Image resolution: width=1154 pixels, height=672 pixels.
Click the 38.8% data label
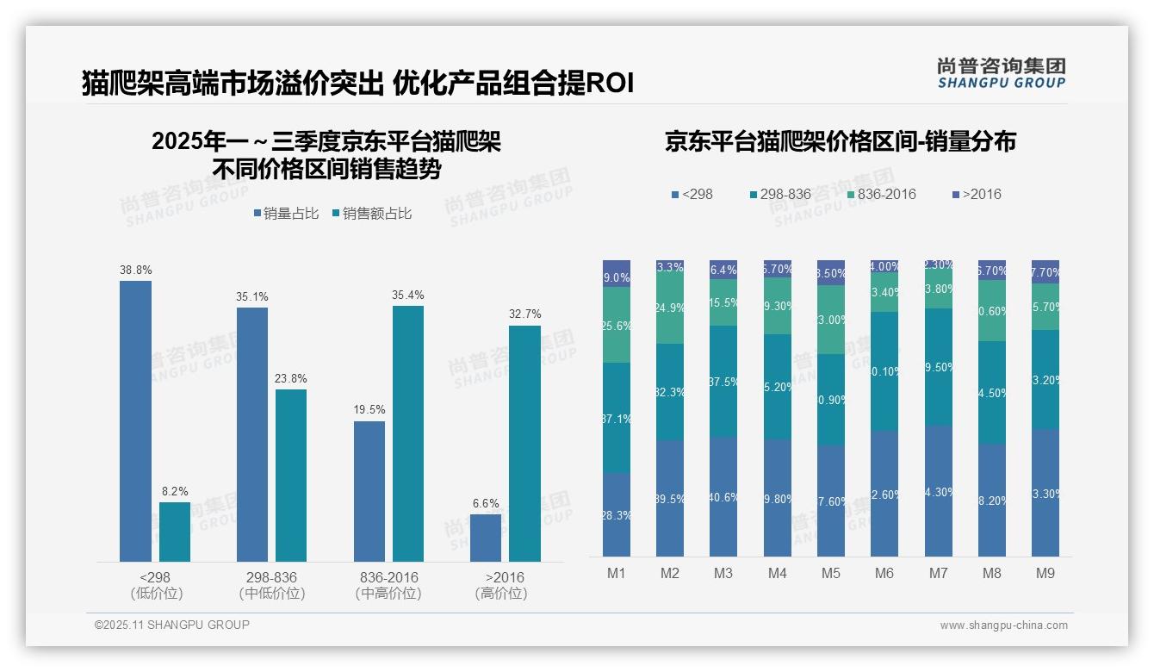(x=135, y=271)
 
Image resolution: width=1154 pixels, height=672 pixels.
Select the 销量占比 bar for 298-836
(x=251, y=434)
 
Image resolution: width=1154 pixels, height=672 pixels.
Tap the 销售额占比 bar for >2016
(x=524, y=444)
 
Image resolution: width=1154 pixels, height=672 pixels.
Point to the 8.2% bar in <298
(x=175, y=532)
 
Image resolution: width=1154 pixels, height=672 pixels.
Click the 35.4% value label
(x=408, y=296)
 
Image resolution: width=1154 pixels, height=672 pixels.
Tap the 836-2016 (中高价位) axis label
(x=388, y=585)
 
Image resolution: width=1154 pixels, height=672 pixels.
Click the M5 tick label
(x=830, y=573)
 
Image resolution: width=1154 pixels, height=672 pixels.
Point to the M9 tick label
(x=1045, y=573)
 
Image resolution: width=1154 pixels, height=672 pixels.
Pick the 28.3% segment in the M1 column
(x=617, y=514)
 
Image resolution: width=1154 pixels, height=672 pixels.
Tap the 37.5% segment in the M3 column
(x=723, y=381)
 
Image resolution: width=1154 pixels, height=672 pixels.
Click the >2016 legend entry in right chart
(x=976, y=195)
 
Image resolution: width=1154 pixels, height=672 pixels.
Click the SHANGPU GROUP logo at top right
(x=1001, y=72)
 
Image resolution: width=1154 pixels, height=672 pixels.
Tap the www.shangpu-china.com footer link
(x=1003, y=625)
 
